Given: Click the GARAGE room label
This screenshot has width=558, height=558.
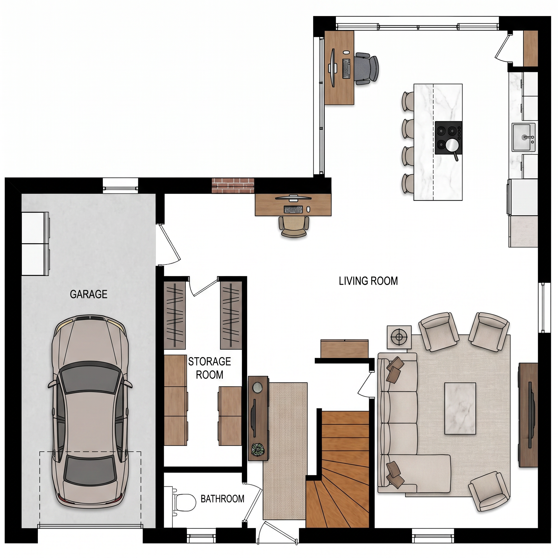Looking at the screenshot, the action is point(89,294).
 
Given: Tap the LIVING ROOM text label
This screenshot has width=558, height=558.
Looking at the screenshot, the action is point(368,281).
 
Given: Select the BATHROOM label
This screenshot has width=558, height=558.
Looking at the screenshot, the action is point(222,499).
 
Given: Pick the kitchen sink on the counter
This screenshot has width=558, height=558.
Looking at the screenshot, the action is point(524,137).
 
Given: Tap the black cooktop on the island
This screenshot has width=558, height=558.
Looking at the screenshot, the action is point(448,138).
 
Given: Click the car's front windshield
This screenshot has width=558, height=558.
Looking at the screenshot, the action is point(91,379).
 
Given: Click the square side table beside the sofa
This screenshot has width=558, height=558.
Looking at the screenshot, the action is point(399,337).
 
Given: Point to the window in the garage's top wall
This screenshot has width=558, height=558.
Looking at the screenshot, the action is point(121,186).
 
